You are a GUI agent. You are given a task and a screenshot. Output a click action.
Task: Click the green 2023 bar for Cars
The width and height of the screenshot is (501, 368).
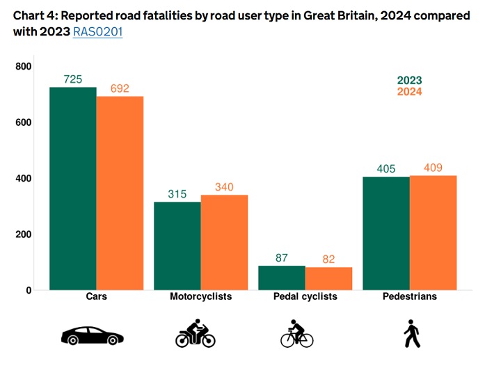coord(72,189)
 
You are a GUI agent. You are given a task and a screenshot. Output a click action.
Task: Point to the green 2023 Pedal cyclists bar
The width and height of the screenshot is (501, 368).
coord(281,278)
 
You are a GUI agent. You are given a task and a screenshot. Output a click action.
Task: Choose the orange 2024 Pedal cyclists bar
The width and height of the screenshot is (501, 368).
coord(328,278)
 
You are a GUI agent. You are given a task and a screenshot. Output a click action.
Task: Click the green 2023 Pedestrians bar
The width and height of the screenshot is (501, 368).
coord(385,233)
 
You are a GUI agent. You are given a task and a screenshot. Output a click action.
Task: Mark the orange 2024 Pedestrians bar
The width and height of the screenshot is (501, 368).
coord(433,232)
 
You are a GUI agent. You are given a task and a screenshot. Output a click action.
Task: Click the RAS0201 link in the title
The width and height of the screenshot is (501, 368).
coord(97,32)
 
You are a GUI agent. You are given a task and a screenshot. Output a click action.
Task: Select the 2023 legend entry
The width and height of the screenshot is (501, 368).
coord(409,81)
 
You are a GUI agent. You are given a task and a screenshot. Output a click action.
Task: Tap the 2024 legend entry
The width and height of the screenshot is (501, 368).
coord(409,92)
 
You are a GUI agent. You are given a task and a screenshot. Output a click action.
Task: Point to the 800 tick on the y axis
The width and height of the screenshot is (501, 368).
coord(24,66)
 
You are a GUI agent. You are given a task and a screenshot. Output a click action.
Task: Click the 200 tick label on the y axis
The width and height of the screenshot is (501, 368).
coord(24,234)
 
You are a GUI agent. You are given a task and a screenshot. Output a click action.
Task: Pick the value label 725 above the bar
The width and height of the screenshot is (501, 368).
coord(72,79)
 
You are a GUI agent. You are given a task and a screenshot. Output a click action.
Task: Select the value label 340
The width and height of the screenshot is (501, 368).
coord(224,187)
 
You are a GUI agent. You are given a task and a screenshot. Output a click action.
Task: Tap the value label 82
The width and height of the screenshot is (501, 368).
coord(328,259)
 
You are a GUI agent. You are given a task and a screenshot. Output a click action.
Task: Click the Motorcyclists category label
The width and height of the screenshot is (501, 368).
coord(200,297)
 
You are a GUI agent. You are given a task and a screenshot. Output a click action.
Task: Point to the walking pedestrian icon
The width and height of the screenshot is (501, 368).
coord(412,334)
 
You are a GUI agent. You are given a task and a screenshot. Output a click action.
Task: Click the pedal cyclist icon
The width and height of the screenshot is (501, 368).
coord(298,334)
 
